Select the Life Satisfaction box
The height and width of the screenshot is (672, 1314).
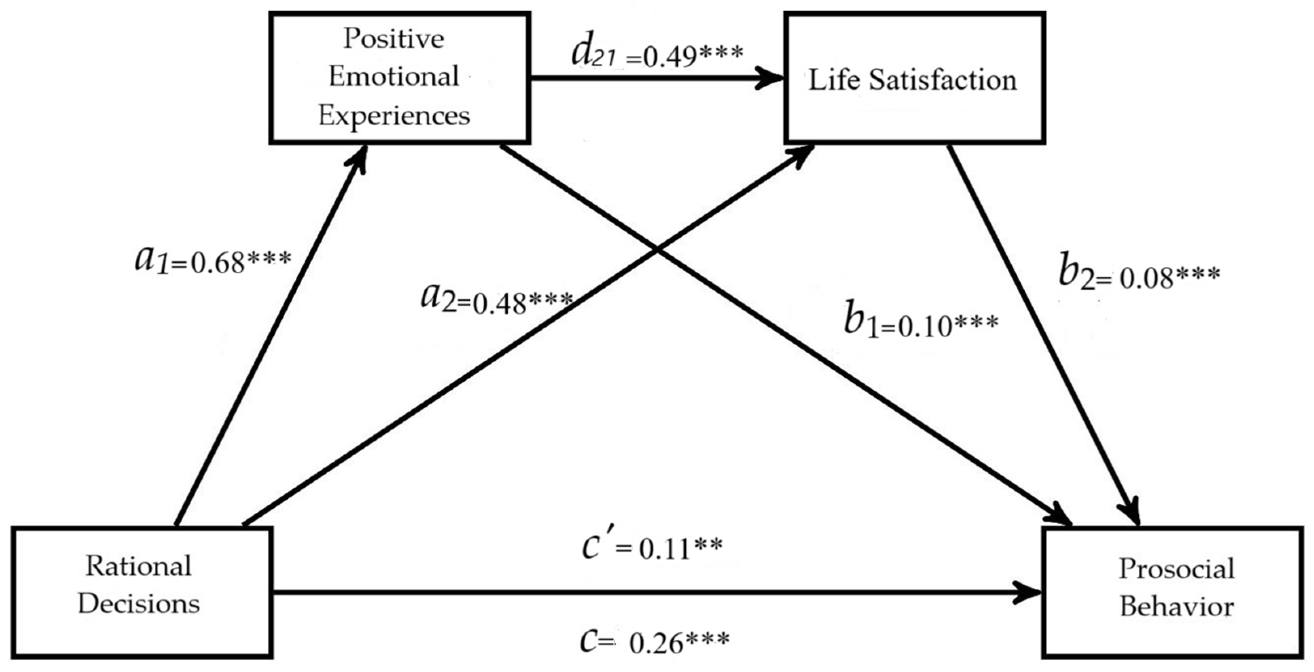[914, 78]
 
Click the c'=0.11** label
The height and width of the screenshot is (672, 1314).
[652, 549]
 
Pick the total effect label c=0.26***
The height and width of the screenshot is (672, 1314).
[655, 641]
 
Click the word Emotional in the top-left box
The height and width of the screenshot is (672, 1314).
[394, 77]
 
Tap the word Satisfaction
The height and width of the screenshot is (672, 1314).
[943, 80]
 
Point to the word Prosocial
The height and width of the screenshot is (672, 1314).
[1177, 569]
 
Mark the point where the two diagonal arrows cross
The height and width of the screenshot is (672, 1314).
[659, 251]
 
